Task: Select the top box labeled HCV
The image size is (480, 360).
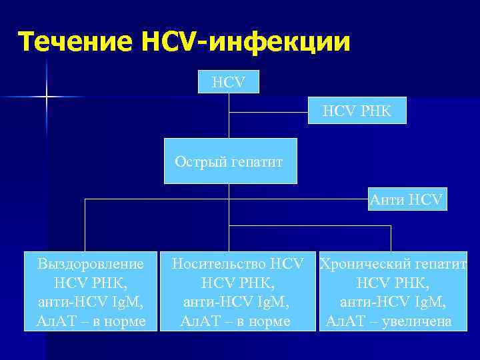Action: (x=229, y=83)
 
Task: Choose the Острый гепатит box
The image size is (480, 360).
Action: (x=229, y=161)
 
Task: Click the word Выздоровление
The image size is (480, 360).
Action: (x=91, y=264)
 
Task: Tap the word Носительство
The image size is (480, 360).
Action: (x=221, y=264)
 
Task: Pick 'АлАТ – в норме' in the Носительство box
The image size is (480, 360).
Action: (x=235, y=321)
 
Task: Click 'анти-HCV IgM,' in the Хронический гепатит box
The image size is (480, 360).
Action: (x=393, y=302)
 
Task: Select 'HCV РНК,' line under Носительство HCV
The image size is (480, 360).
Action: (x=235, y=283)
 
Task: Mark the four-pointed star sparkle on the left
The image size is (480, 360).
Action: (x=47, y=97)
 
